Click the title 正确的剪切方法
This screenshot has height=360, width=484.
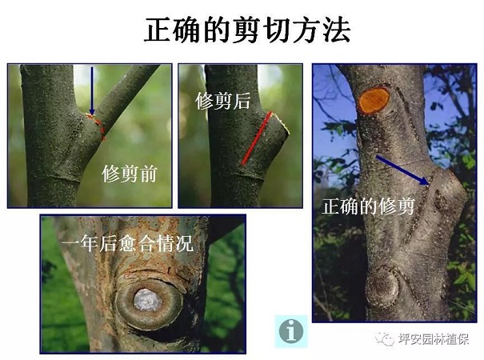pos(247,30)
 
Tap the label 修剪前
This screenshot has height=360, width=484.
pos(130,174)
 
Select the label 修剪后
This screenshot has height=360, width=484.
pos(222,100)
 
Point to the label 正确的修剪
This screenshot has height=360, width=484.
pos(368,206)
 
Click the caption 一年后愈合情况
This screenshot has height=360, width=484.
pos(127,243)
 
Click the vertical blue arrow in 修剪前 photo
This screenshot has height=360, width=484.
pos(92,91)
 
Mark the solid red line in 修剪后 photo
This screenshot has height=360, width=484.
pos(257,138)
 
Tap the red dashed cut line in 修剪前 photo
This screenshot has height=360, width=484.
pos(96,126)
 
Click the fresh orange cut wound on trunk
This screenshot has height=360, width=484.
pos(374,100)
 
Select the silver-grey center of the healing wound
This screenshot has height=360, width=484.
pos(147,300)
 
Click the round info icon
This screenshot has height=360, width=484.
pos(291,331)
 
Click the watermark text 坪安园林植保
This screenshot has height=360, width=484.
pos(434,339)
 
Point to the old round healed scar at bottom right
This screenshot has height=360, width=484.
pos(382,287)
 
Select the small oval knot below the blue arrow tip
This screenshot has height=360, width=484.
pos(440,199)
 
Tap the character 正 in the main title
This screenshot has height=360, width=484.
pos(158,30)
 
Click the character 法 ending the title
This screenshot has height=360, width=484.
pos(337,30)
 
